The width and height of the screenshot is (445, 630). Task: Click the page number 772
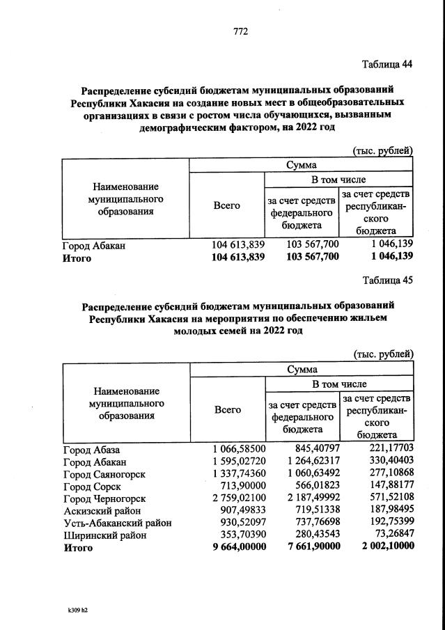pos(240,31)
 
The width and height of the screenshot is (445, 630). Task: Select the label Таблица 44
pos(387,64)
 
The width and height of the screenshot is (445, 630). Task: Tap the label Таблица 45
pos(387,281)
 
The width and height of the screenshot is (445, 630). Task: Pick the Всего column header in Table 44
pos(227,205)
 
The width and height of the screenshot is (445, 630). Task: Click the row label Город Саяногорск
pos(104,474)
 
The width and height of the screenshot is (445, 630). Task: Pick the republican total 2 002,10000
pos(382,547)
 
